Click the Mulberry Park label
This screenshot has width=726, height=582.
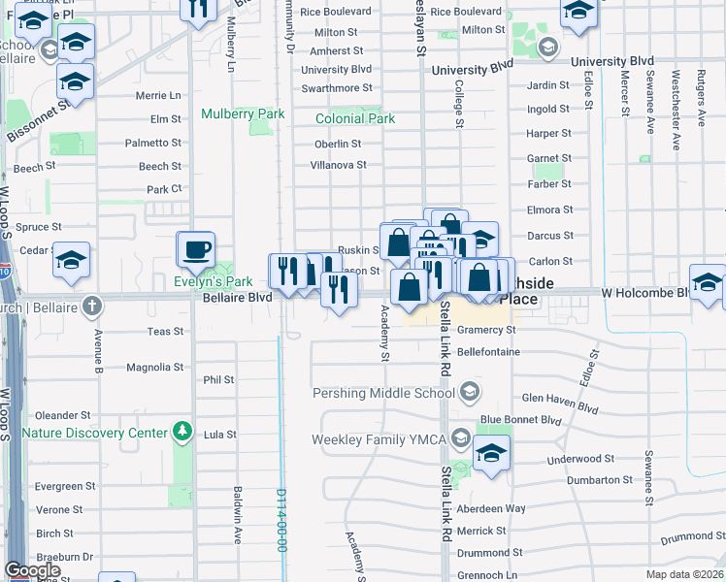[x=243, y=113]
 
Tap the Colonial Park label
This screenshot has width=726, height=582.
[x=355, y=119]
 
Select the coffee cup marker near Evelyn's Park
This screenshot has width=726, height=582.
[x=195, y=250]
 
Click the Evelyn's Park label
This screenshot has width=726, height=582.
[x=213, y=281]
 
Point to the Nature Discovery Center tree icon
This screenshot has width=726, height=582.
[x=181, y=430]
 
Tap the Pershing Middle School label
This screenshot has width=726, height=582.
[x=382, y=393]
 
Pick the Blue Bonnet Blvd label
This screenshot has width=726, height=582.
[x=520, y=420]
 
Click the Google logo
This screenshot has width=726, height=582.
[x=32, y=570]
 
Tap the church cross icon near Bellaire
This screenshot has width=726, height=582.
[x=92, y=306]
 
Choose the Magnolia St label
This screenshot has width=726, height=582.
[x=154, y=368]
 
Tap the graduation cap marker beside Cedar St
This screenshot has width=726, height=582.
[x=71, y=261]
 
